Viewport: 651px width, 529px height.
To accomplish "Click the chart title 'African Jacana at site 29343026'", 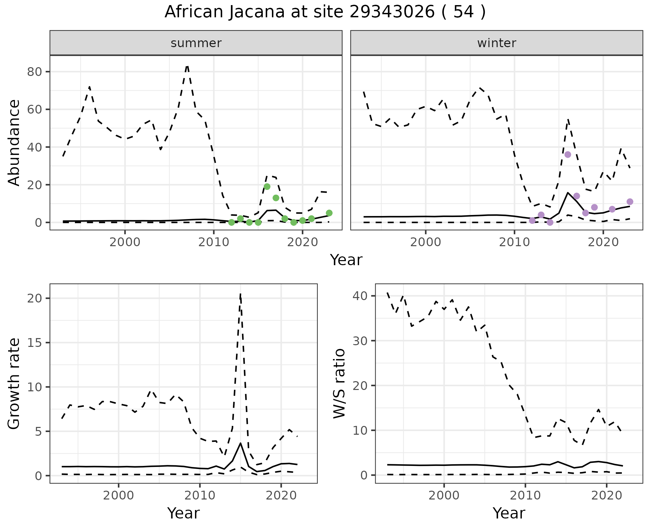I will (325, 12).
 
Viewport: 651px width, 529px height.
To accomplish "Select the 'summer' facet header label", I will (196, 43).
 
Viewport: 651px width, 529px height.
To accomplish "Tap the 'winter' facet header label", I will (496, 43).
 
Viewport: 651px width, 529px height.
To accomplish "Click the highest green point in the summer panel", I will (267, 187).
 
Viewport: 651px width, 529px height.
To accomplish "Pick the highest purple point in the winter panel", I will (568, 155).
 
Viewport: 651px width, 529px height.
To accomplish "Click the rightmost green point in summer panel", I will (329, 213).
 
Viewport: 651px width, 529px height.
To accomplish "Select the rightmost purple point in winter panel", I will (630, 202).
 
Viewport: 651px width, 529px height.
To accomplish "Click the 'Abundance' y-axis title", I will (14, 142).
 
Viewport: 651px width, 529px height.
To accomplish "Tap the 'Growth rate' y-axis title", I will (14, 383).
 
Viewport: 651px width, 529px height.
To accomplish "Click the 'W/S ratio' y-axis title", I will (339, 383).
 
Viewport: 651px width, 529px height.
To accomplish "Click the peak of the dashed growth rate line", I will (240, 294).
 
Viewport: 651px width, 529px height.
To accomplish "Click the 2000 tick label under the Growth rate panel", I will (118, 495).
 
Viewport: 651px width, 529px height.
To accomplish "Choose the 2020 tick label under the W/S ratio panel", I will (606, 495).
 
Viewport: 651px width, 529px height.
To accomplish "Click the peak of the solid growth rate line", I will (240, 443).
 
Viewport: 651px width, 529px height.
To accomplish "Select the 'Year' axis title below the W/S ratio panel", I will (509, 513).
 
